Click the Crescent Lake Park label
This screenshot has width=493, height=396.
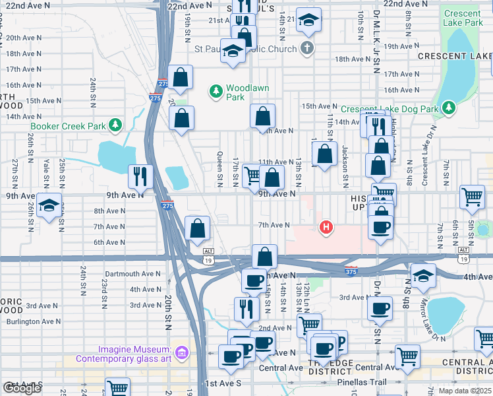coord(463,18)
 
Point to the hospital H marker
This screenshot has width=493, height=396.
coord(325,228)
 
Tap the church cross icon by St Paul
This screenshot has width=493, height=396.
coord(306,47)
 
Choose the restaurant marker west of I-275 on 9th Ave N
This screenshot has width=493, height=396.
coord(140,176)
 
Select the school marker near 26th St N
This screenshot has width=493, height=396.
coord(49,205)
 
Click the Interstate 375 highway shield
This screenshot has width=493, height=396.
coord(351,271)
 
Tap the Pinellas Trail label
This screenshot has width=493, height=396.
coord(359,383)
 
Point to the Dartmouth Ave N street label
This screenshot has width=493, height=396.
coord(132,273)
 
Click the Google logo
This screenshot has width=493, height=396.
coord(22,388)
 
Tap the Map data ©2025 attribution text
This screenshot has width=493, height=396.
coord(465,391)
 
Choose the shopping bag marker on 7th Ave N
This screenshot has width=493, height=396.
coord(198,228)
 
